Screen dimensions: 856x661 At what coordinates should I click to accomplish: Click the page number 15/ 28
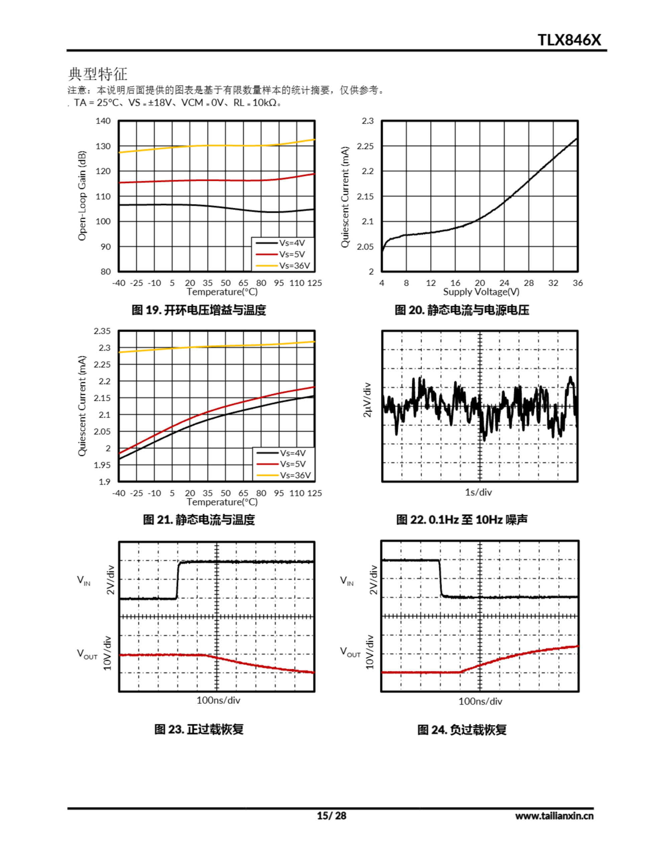coord(332,816)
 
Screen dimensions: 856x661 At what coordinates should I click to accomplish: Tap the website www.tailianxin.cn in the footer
coord(554,816)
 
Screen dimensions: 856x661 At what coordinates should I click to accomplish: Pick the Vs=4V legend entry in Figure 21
coord(292,453)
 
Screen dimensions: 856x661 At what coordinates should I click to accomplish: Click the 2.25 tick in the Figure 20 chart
coord(365,146)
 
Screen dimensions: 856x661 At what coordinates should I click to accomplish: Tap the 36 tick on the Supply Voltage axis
coord(577,283)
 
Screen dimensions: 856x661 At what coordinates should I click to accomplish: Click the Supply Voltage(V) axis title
coord(481,292)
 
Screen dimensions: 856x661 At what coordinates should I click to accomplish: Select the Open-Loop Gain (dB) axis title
coord(82,196)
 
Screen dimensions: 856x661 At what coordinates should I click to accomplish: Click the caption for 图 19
coord(199,310)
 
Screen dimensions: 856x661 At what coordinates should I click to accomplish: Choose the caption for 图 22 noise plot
coord(461,520)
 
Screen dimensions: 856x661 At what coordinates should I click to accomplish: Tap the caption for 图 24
coord(461,730)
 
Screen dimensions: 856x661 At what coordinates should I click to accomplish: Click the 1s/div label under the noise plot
coord(478,492)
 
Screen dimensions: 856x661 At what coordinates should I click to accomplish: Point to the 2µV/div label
coord(367,400)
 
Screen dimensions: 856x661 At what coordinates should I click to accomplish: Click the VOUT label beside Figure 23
coord(87,654)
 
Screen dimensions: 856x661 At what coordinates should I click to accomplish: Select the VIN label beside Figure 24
coord(347,580)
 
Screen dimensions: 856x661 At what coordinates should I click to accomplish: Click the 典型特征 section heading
coord(98,74)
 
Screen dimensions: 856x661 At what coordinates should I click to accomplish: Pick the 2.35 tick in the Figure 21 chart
coord(102,331)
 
